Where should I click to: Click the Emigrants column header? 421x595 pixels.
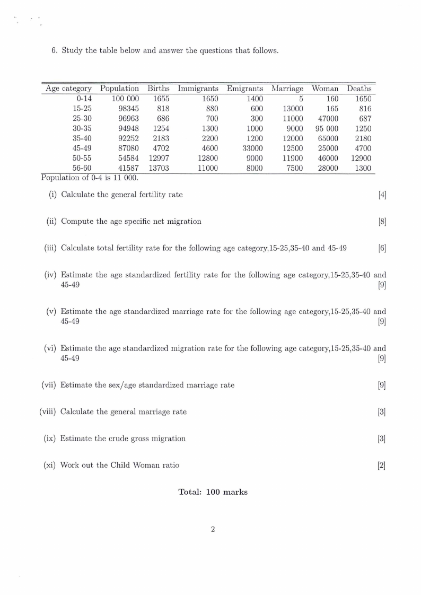(245, 89)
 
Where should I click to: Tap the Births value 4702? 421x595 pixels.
(159, 148)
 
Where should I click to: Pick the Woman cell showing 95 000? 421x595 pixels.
(327, 128)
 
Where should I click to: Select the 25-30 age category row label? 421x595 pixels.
(82, 119)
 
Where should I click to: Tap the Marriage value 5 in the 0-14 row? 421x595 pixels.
(301, 99)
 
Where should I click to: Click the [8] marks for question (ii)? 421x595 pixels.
(382, 221)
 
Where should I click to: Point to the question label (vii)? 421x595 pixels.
(49, 385)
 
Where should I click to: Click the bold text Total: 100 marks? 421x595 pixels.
(213, 492)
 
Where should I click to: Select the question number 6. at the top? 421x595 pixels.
(54, 51)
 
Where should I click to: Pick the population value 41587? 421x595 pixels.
(128, 168)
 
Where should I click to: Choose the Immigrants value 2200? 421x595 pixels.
(208, 138)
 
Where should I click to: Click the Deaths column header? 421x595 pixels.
(359, 89)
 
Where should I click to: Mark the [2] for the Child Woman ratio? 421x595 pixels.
(382, 465)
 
